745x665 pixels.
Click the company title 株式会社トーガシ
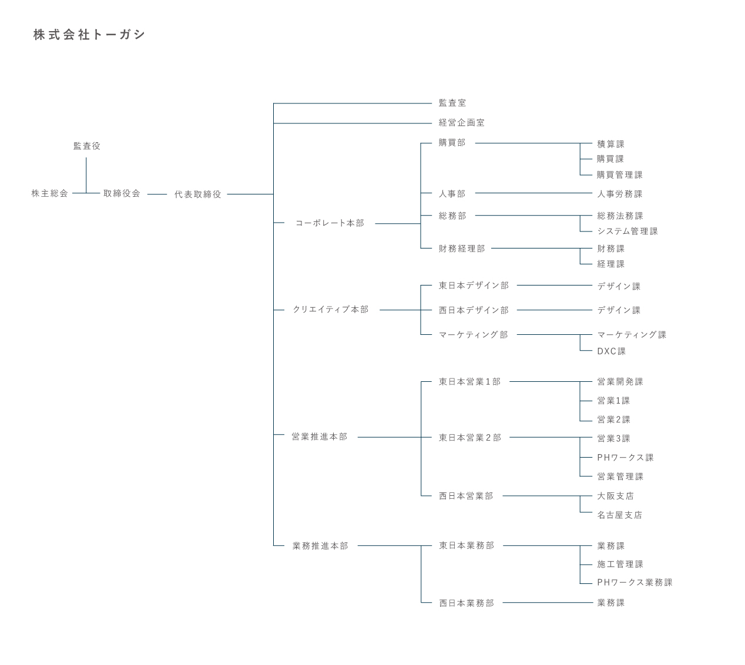pos(89,35)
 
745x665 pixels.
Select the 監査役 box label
pos(87,146)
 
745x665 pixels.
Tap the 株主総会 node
pos(50,193)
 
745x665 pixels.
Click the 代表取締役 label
pos(198,194)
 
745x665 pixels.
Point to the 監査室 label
pos(452,103)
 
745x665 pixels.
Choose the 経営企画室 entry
pos(462,123)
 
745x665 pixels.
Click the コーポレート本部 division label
pos(330,223)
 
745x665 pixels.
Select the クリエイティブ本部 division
pos(331,310)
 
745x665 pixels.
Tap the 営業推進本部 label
pos(320,436)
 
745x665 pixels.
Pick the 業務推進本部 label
pos(320,546)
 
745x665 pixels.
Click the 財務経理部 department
pos(462,248)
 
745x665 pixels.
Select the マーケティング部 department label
pos(474,335)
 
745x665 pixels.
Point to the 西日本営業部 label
pos(466,496)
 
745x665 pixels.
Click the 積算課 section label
pos(610,144)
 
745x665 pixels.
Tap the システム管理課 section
pos(627,231)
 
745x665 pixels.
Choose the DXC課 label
pos(611,351)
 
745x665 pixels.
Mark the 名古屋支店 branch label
pos(620,515)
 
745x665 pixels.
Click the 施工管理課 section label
pos(620,564)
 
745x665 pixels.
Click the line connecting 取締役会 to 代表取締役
pos(157,194)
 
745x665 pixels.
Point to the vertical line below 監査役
pos(86,175)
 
